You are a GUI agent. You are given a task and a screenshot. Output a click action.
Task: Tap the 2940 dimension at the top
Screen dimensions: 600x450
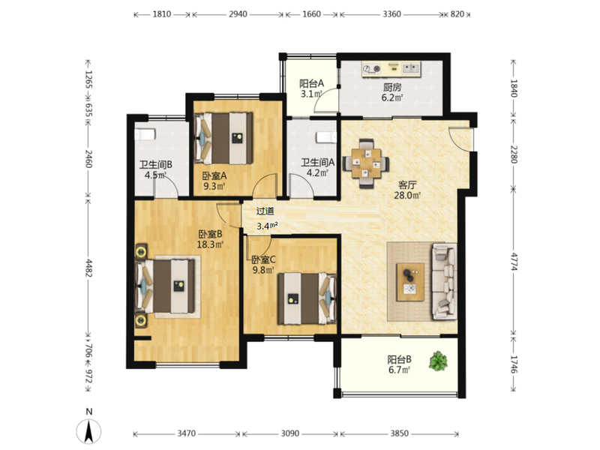tap(238, 14)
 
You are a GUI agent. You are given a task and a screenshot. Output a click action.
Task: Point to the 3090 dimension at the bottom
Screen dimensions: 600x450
tap(290, 433)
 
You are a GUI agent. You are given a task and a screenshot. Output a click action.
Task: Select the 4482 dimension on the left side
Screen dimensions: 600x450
tap(88, 268)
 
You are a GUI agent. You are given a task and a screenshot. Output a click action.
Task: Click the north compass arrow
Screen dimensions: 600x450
tap(88, 431)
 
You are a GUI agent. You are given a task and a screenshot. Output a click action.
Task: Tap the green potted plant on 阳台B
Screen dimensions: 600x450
tap(438, 361)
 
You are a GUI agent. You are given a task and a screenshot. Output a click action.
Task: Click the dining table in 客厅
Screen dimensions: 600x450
tap(366, 163)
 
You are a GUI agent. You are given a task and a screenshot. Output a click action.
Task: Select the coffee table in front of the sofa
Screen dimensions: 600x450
tap(410, 282)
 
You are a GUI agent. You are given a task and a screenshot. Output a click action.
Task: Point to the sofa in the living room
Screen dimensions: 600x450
tap(444, 281)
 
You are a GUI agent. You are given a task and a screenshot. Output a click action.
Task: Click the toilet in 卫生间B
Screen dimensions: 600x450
tap(145, 135)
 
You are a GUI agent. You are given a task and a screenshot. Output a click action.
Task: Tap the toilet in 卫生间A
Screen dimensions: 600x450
tap(326, 137)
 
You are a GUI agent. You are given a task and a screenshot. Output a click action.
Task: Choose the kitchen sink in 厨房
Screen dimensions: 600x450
tap(410, 68)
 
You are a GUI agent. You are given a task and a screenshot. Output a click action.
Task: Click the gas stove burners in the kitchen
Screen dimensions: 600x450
tap(372, 68)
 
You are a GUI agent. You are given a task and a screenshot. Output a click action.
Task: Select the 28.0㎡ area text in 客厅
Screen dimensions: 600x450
tap(407, 196)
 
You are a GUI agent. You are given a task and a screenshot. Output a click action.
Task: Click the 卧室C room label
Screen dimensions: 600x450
tap(263, 259)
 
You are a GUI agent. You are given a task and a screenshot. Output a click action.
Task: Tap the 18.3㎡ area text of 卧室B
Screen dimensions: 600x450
tap(210, 244)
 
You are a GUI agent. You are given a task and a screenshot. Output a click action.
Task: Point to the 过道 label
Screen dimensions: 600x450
tap(265, 211)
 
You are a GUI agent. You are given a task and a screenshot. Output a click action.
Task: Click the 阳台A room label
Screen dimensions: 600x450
tap(311, 83)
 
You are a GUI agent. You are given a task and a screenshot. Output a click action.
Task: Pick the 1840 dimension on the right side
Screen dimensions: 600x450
tap(514, 88)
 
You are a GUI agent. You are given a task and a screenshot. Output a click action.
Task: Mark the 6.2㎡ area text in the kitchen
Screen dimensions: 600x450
tap(391, 97)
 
